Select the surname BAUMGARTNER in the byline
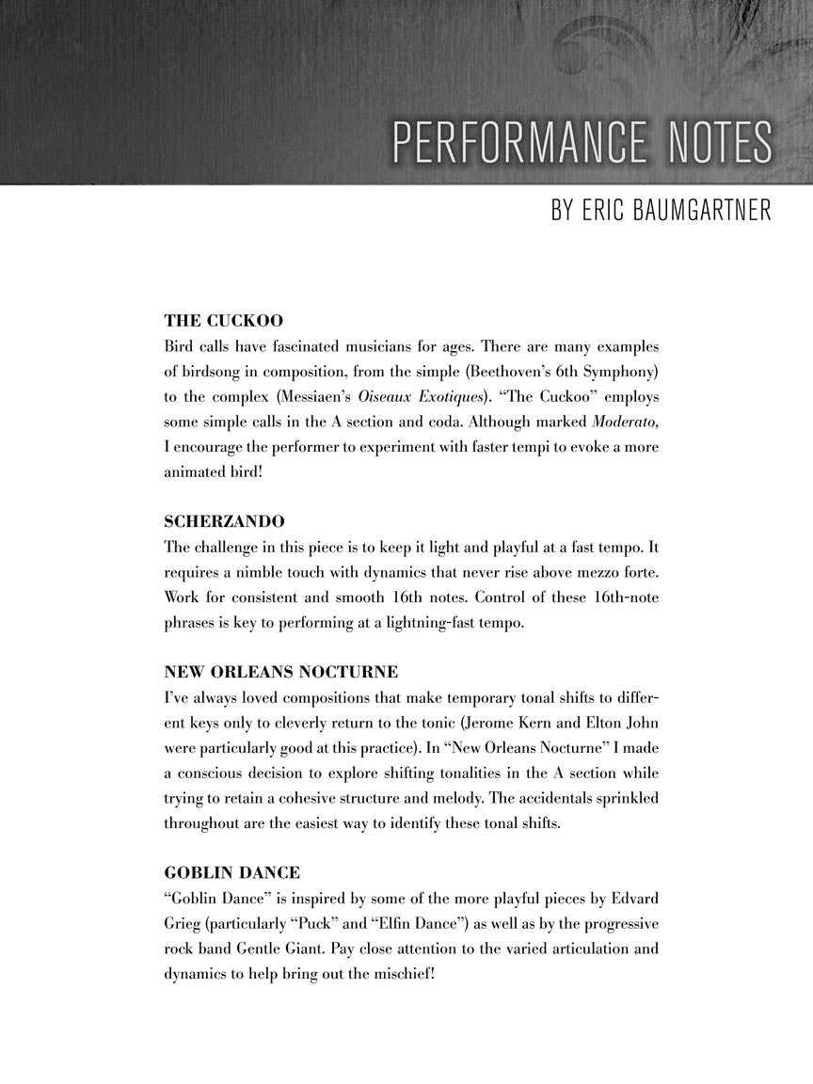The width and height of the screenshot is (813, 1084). (680, 210)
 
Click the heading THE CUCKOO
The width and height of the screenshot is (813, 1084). (223, 321)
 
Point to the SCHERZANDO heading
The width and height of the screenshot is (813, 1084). (224, 521)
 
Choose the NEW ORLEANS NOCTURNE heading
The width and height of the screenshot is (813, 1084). (280, 672)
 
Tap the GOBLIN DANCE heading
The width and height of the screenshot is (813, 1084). (232, 872)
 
